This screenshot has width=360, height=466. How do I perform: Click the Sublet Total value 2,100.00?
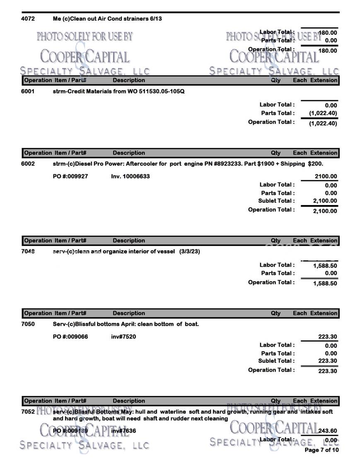pos(325,201)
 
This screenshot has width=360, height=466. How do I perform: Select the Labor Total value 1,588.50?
pos(325,266)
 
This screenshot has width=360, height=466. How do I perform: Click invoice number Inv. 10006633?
pos(130,176)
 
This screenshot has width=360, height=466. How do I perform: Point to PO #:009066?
pos(70,337)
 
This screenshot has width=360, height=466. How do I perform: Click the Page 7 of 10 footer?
pos(321,450)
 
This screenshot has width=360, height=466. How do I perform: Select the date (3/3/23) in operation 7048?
pos(190,251)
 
